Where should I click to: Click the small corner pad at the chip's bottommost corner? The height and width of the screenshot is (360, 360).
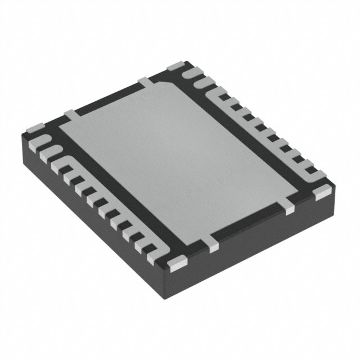point(178,260)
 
